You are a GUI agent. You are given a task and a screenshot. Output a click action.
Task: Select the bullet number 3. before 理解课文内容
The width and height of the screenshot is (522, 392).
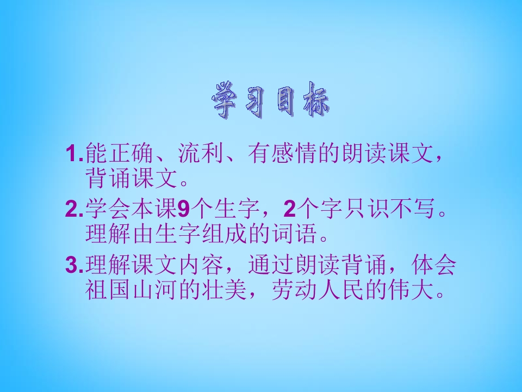coord(73,266)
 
